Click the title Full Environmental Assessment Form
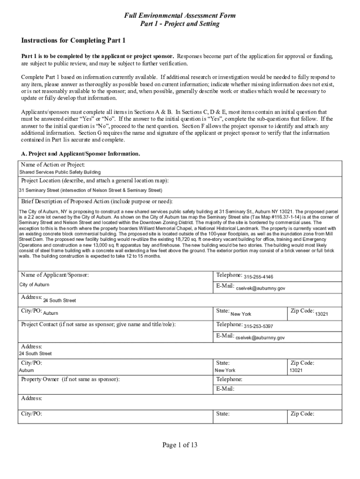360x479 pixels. tap(180, 16)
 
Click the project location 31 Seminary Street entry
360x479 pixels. tap(90, 190)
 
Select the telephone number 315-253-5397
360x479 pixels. tap(259, 326)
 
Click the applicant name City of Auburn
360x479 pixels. tap(34, 285)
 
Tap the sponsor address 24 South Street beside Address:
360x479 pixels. tap(59, 300)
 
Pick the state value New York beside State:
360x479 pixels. tap(241, 314)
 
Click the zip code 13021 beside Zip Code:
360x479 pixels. tap(321, 314)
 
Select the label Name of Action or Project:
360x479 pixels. tap(53, 165)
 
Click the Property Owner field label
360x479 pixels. tap(70, 379)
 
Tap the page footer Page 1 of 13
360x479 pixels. tap(180, 445)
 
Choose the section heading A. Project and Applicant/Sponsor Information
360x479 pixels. tap(80, 153)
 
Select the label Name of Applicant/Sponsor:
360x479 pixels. tap(55, 275)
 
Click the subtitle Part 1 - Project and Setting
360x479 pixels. tap(180, 24)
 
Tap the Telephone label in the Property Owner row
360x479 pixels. tap(229, 379)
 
